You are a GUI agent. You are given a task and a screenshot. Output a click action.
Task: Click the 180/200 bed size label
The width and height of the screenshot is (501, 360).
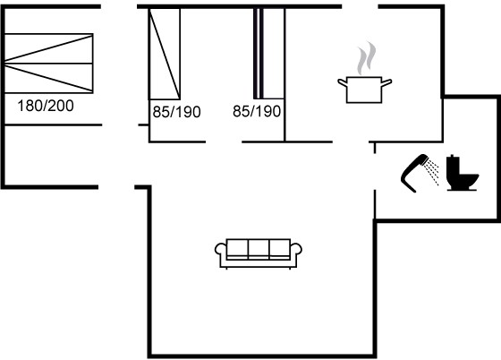tap(46, 106)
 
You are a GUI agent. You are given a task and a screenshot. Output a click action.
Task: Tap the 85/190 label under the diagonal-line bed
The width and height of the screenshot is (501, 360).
tap(177, 112)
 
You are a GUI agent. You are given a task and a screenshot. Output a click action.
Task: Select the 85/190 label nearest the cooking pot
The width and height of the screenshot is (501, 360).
tap(257, 111)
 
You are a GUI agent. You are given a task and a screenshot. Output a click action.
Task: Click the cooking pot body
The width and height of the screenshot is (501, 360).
tap(364, 90)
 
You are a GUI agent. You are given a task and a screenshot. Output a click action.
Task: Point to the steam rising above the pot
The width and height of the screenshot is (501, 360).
tap(366, 58)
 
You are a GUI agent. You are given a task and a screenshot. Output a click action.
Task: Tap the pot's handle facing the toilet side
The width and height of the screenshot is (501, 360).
tap(386, 82)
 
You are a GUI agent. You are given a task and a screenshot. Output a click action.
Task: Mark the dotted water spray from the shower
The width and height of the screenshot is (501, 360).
tap(431, 173)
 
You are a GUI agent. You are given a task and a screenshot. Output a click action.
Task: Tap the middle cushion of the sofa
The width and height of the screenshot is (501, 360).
tap(259, 248)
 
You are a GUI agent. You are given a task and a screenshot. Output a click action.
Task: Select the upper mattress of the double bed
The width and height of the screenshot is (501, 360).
tap(49, 48)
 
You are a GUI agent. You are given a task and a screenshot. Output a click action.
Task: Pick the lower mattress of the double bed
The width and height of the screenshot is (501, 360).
tap(49, 78)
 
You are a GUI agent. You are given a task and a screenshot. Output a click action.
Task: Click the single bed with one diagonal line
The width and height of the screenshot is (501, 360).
tap(165, 54)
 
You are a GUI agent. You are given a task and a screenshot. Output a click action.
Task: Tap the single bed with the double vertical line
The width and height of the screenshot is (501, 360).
tap(268, 54)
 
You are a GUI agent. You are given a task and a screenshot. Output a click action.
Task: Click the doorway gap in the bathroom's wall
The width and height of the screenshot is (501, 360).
tap(375, 171)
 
